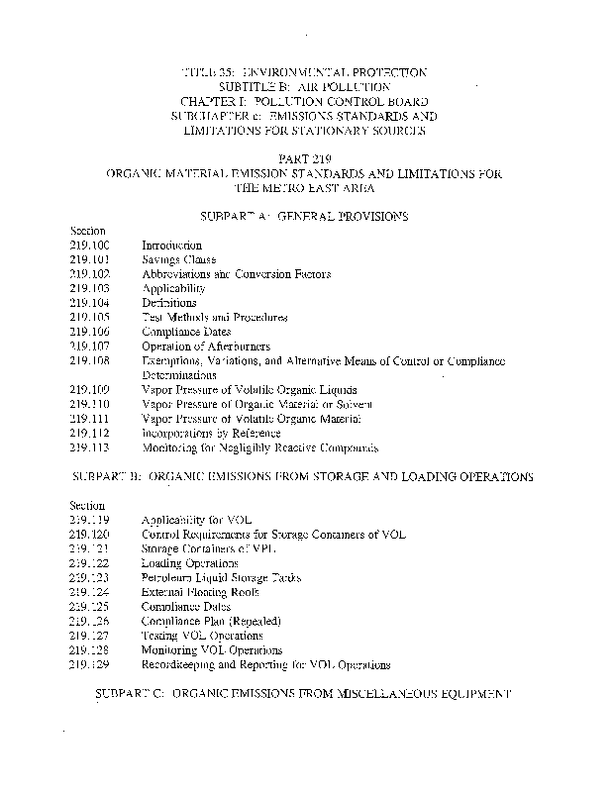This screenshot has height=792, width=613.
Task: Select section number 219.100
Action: [x=90, y=246]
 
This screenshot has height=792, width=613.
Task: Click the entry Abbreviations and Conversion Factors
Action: [x=236, y=274]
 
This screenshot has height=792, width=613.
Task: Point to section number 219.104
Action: [x=90, y=303]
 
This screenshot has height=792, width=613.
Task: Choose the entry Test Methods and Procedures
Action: [x=215, y=318]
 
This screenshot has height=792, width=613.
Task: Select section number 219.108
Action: [x=90, y=361]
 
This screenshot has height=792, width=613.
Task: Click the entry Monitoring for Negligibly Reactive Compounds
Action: [x=259, y=448]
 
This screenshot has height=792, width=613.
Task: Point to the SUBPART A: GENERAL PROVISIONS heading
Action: [x=304, y=216]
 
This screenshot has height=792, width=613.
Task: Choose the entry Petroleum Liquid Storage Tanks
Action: [x=221, y=578]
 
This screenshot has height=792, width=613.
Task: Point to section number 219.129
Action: [x=90, y=665]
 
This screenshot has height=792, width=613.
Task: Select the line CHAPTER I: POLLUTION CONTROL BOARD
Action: [x=304, y=102]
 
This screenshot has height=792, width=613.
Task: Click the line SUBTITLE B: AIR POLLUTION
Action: [x=304, y=87]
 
